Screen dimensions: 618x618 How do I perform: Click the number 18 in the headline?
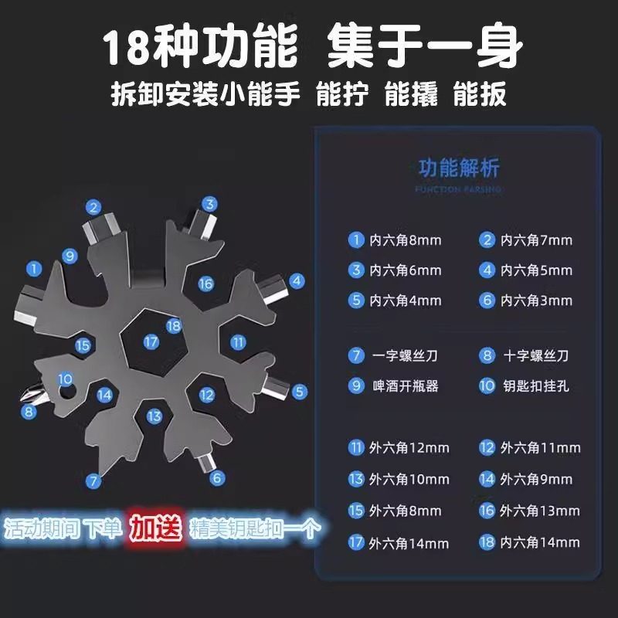(128, 48)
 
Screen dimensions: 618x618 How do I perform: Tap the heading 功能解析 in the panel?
(459, 168)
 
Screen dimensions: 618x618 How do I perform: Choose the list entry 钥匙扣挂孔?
(535, 385)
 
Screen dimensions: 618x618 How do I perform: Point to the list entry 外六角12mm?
(409, 447)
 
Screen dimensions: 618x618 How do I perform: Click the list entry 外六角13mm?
(540, 511)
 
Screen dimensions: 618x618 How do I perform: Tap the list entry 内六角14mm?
(540, 542)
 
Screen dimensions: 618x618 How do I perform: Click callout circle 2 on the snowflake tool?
(94, 206)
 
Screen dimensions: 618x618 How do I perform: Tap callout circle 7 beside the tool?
(94, 480)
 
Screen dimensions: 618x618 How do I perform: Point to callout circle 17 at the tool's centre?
(151, 341)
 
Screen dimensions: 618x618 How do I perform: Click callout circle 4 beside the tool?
(297, 280)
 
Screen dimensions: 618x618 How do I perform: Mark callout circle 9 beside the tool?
(70, 256)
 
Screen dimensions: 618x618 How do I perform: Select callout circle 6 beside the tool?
(217, 478)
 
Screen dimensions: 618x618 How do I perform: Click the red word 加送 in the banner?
(154, 528)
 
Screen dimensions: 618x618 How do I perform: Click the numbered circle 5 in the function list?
(356, 301)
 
